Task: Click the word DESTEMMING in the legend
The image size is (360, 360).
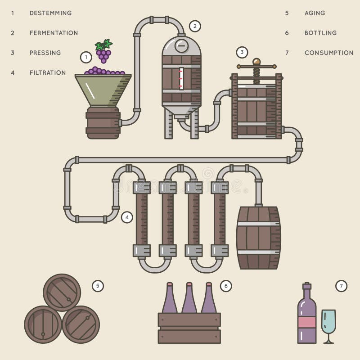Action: [50, 13]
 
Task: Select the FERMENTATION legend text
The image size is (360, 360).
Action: [54, 33]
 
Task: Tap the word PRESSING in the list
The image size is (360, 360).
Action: [45, 53]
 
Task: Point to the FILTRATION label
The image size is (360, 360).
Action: [48, 72]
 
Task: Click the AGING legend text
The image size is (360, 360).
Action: [315, 13]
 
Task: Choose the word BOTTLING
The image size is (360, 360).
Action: [320, 33]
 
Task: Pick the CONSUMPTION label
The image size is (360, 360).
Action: [329, 53]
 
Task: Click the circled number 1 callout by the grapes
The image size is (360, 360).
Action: [86, 57]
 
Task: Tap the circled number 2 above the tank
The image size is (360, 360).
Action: [195, 26]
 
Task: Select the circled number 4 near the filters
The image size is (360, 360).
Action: [127, 217]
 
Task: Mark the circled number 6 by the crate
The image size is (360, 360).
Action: [226, 286]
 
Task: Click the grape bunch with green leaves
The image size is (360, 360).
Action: [103, 51]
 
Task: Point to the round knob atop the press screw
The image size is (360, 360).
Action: [256, 62]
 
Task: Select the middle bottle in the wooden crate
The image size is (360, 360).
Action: [189, 299]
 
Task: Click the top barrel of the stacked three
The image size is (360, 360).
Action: [62, 292]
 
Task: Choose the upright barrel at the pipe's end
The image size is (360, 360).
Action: [258, 238]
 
